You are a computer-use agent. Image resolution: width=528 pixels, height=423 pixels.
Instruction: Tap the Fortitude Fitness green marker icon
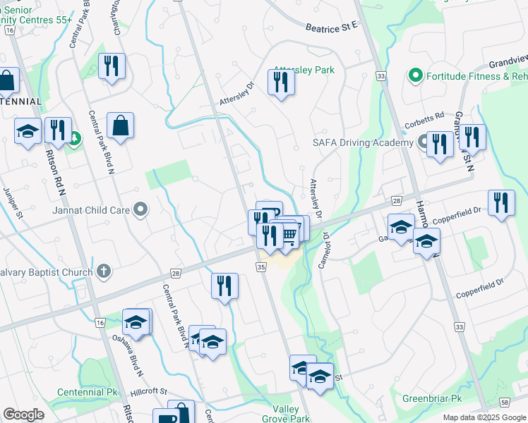tap(415, 75)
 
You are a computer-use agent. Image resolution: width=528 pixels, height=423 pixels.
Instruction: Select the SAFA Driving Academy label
tap(363, 143)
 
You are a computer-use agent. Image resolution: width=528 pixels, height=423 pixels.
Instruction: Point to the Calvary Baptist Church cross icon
tap(104, 271)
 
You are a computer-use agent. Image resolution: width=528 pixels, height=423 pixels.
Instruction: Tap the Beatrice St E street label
tap(332, 27)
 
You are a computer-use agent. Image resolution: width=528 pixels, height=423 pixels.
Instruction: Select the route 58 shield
tap(503, 402)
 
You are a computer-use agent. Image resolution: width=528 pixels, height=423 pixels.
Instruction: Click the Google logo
tap(23, 415)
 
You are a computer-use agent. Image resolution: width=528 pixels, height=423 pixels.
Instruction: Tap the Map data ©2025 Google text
tap(484, 417)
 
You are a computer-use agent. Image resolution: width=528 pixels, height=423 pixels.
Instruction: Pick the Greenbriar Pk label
tap(432, 398)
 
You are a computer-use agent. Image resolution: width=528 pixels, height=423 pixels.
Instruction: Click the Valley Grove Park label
tap(291, 414)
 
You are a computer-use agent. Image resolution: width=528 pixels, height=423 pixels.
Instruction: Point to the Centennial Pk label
tap(87, 392)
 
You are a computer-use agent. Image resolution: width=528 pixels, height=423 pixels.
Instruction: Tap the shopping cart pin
tap(288, 233)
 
